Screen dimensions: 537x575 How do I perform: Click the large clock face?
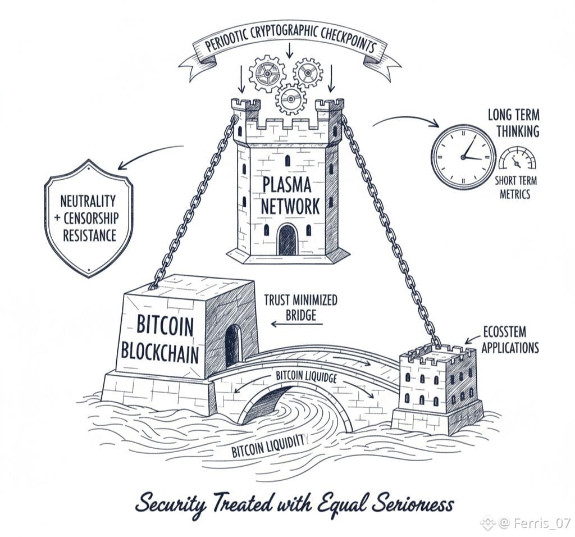[463, 157]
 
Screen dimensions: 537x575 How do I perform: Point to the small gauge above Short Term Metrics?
[517, 159]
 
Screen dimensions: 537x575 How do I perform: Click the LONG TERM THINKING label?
[513, 123]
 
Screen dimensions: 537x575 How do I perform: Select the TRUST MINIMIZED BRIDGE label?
[301, 307]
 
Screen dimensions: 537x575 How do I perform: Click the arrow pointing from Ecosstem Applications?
[471, 340]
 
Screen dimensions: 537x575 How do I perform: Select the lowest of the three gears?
[290, 99]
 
